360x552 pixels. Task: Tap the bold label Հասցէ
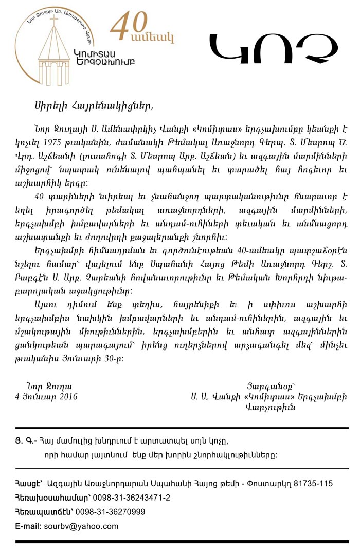click(x=27, y=484)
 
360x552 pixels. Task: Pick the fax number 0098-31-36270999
click(x=110, y=512)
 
